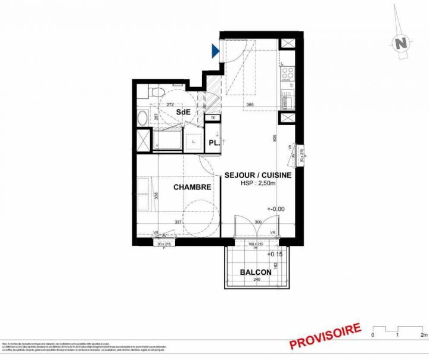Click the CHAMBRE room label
(192, 187)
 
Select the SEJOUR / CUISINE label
(257, 175)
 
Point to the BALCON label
(256, 272)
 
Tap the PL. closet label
(214, 143)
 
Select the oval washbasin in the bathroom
(142, 118)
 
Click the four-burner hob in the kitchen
(288, 73)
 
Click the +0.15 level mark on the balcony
(275, 254)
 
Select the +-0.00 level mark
(275, 209)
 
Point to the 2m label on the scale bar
(423, 336)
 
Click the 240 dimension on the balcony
(256, 280)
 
